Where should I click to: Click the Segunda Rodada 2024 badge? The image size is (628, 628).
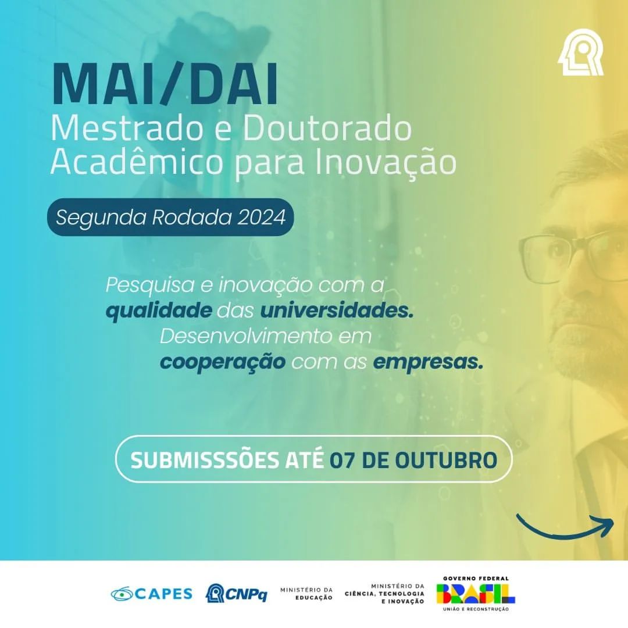pyautogui.click(x=170, y=217)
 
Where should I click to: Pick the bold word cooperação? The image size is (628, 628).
pyautogui.click(x=223, y=362)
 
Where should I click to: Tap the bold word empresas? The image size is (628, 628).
pyautogui.click(x=428, y=362)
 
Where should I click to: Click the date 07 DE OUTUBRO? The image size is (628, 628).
pyautogui.click(x=413, y=459)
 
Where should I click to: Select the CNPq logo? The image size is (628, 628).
pyautogui.click(x=237, y=593)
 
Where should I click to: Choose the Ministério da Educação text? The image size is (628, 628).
pyautogui.click(x=306, y=594)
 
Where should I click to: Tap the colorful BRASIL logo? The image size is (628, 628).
pyautogui.click(x=476, y=594)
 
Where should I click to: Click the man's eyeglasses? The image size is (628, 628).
pyautogui.click(x=573, y=255)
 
